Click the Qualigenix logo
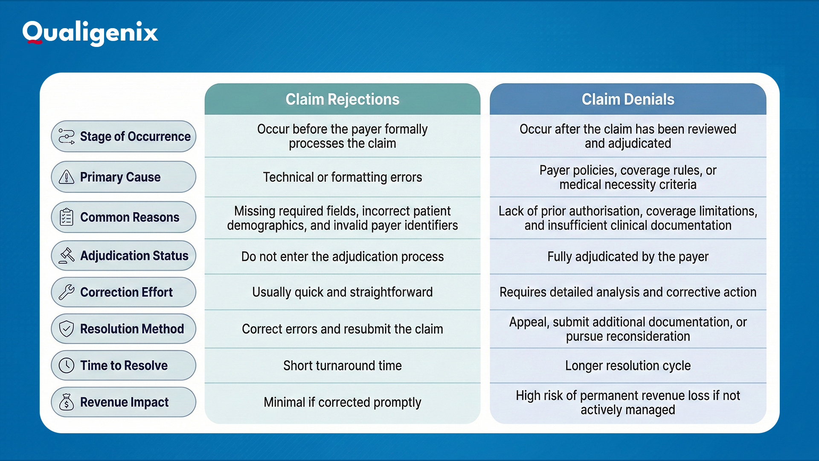(x=90, y=32)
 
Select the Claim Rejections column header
(x=342, y=99)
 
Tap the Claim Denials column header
(x=627, y=99)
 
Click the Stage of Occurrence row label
(x=124, y=136)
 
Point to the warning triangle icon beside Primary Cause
(x=67, y=177)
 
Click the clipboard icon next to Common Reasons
(x=67, y=217)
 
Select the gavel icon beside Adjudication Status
(x=67, y=255)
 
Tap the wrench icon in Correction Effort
(x=67, y=292)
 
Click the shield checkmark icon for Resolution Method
(x=67, y=329)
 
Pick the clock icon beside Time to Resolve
(x=67, y=365)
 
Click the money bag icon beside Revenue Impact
(x=67, y=402)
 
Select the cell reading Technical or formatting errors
(x=342, y=177)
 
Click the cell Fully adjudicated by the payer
(x=627, y=257)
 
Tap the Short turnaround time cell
(x=342, y=365)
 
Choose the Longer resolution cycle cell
(x=627, y=365)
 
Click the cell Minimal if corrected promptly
(x=342, y=402)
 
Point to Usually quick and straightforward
(x=342, y=292)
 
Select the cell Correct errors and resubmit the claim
(x=342, y=329)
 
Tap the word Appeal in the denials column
(x=528, y=322)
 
